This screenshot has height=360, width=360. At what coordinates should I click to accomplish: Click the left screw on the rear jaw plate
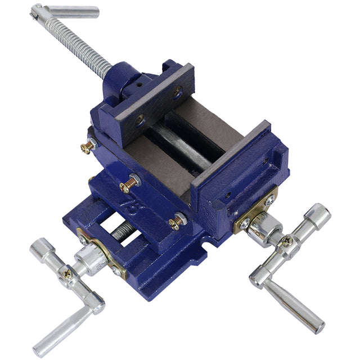[138, 119]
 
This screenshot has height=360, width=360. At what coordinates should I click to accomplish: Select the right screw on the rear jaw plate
[177, 90]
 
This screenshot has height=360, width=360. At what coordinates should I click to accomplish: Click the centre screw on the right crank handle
[287, 241]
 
